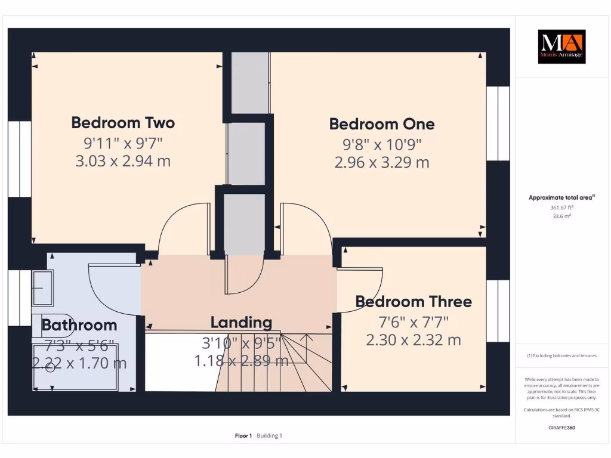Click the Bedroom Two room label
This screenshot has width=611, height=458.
123,123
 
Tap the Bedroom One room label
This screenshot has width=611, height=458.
382,124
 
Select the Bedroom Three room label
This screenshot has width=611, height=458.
413,302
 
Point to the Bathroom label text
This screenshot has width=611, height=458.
79,325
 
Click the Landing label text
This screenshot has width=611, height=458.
241,323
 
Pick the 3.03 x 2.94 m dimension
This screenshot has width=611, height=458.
123,161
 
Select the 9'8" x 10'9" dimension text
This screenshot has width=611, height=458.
382,144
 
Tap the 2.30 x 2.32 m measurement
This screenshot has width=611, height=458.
413,340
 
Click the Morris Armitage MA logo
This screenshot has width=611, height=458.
561,47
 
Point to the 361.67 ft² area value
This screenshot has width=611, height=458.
561,208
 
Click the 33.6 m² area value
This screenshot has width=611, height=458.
561,216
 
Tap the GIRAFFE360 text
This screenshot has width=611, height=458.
561,428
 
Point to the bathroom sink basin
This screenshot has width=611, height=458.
42,287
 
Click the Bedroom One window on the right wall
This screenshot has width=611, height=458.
498,123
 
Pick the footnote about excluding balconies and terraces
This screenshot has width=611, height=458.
561,355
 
